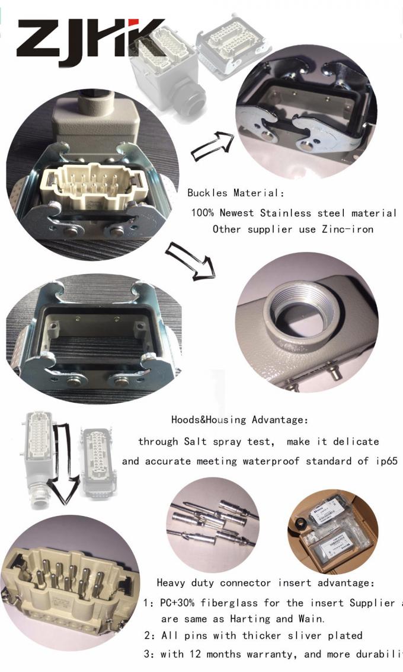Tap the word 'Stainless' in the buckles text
pyautogui.click(x=286, y=213)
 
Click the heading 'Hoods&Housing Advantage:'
pyautogui.click(x=239, y=420)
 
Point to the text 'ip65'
pyautogui.click(x=386, y=461)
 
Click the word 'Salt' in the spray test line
pyautogui.click(x=196, y=441)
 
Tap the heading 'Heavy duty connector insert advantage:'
pyautogui.click(x=266, y=583)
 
